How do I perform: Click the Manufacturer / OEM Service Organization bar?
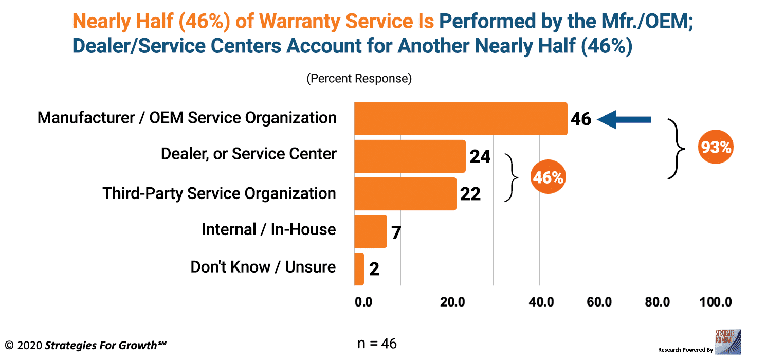pyautogui.click(x=460, y=119)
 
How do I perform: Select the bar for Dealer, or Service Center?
pyautogui.click(x=410, y=156)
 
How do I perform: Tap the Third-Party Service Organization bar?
pyautogui.click(x=405, y=194)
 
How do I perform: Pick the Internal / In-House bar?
pyautogui.click(x=370, y=231)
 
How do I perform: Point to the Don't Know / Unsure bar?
pyautogui.click(x=359, y=269)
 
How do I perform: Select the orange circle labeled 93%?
pyautogui.click(x=716, y=147)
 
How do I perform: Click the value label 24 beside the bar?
pyautogui.click(x=480, y=156)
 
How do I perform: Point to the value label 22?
pyautogui.click(x=470, y=194)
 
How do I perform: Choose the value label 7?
pyautogui.click(x=396, y=232)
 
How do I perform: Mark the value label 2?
pyautogui.click(x=374, y=269)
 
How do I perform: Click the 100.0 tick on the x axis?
pyautogui.click(x=715, y=302)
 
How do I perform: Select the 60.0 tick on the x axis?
pyautogui.click(x=599, y=302)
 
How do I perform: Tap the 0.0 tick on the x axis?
pyautogui.click(x=363, y=302)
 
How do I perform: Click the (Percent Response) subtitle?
pyautogui.click(x=359, y=79)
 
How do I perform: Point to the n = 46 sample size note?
pyautogui.click(x=376, y=343)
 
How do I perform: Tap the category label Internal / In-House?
pyautogui.click(x=268, y=229)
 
